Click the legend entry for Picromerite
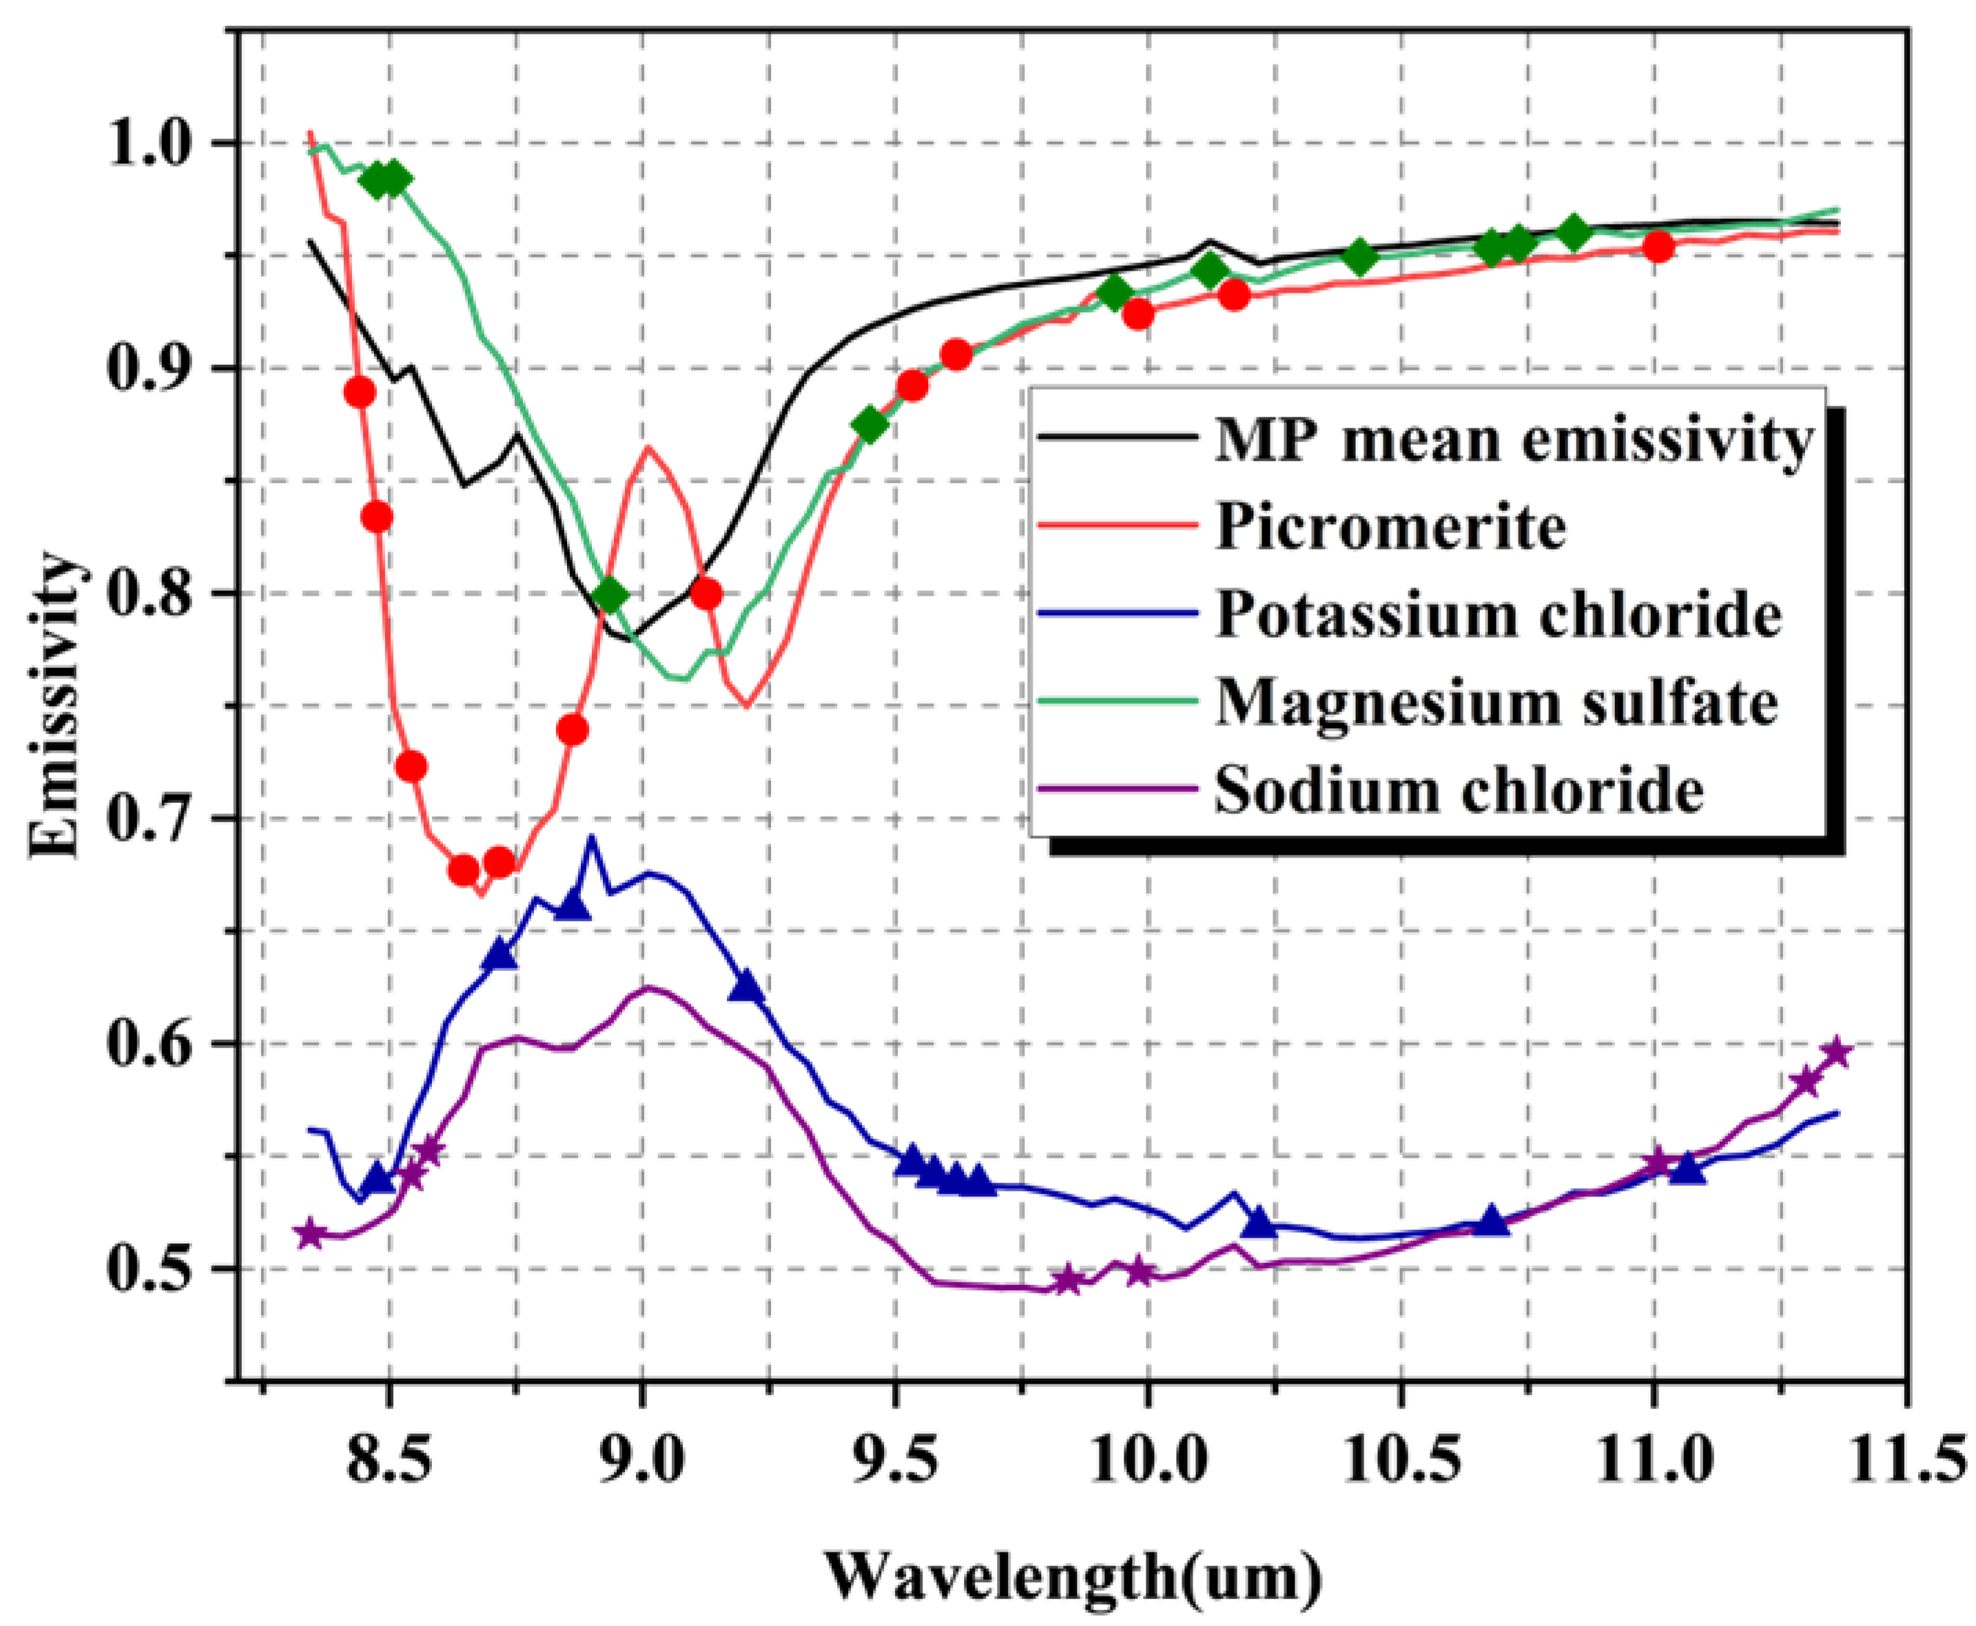point(1390,528)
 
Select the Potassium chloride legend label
point(1497,616)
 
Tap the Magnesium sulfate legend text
point(1496,702)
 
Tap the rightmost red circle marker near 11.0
point(1658,247)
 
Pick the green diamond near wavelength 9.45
point(869,425)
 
